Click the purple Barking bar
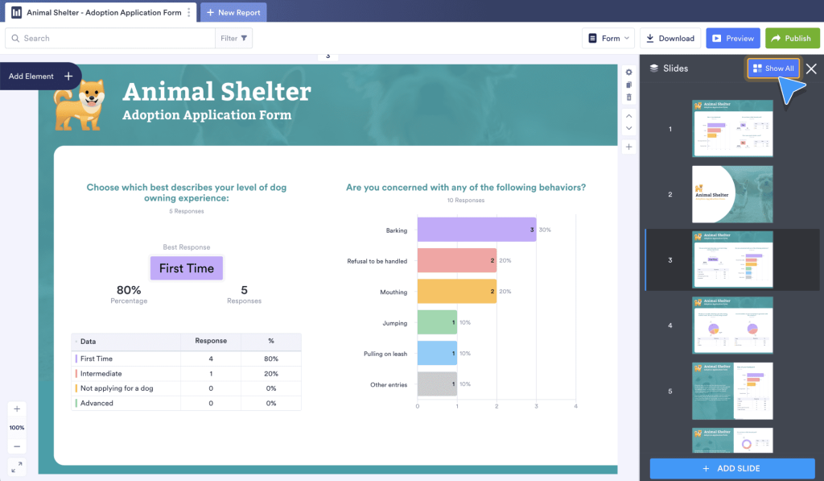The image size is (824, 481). (x=476, y=230)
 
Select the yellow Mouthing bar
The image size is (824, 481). (x=456, y=292)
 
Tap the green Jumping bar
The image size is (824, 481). (x=437, y=323)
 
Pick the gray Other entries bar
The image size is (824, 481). (x=437, y=384)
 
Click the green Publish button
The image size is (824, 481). (x=792, y=38)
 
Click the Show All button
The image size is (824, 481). (x=773, y=68)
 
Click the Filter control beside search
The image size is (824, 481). (x=234, y=38)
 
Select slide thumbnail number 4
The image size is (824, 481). (x=732, y=325)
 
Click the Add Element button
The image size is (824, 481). (x=40, y=77)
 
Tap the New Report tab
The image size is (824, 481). (x=233, y=13)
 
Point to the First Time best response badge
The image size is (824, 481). (x=187, y=268)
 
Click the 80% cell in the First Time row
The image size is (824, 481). (x=271, y=359)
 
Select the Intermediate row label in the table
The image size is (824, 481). (x=101, y=374)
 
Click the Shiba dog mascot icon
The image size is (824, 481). (x=78, y=104)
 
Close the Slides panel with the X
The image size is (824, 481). (x=811, y=68)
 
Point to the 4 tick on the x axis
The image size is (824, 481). (x=575, y=406)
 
